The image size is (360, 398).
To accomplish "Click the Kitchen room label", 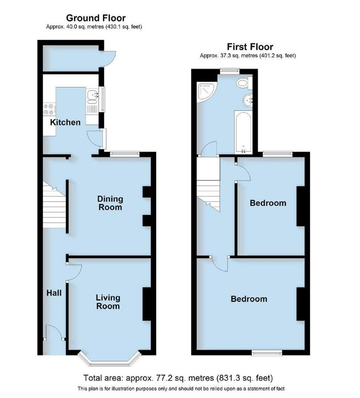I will click(x=65, y=122).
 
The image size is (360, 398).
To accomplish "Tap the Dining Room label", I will click(x=110, y=203).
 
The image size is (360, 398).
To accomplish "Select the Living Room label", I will click(x=108, y=302).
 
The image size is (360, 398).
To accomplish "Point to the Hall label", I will click(x=54, y=293).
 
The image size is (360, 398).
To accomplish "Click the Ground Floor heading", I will click(x=96, y=18).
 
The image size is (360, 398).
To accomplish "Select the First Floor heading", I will click(x=250, y=47).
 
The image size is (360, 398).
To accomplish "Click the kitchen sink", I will click(x=93, y=94).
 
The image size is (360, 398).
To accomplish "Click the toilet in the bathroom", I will click(x=243, y=83).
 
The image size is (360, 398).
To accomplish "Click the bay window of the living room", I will click(x=110, y=360).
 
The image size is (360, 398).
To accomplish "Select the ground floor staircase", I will click(x=54, y=205).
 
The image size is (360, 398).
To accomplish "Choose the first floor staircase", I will click(x=208, y=186).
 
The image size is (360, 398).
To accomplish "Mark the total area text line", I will click(x=178, y=378).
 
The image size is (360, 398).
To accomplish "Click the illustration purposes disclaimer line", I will click(x=181, y=389).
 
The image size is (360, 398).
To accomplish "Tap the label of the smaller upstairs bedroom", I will click(x=268, y=203).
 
